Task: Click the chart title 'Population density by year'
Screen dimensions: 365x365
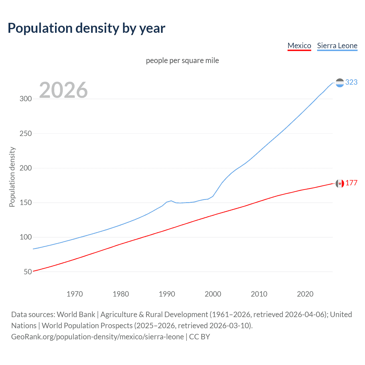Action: click(86, 28)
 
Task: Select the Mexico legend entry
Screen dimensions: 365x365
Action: click(299, 46)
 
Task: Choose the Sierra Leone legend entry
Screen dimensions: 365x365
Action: click(337, 46)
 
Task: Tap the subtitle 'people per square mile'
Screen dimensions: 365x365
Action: click(182, 61)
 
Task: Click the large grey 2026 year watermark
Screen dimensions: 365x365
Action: click(63, 90)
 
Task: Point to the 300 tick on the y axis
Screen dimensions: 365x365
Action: click(26, 99)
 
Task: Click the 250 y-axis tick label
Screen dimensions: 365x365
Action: click(26, 133)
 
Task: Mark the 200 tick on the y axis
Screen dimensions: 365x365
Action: click(26, 168)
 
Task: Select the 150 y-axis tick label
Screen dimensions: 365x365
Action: click(26, 203)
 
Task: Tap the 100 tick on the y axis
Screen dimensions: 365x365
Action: click(26, 237)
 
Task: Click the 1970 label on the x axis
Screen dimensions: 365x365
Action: click(75, 294)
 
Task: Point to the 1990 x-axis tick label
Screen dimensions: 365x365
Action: click(167, 294)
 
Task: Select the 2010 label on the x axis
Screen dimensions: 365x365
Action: click(259, 294)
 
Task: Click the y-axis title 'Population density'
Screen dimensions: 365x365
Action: click(12, 177)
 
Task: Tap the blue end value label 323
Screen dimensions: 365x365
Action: click(351, 82)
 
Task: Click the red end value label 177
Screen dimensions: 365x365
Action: click(351, 183)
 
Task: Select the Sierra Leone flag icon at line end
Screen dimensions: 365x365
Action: click(340, 83)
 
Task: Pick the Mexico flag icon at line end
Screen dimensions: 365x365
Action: click(340, 183)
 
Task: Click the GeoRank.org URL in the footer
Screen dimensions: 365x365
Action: click(98, 337)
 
